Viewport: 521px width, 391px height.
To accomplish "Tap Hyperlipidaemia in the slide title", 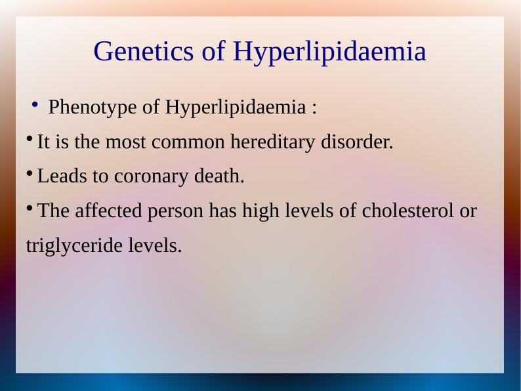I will tap(329, 52).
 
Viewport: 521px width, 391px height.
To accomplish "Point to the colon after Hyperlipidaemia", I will tap(314, 108).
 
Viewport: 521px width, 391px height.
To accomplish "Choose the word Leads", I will tap(58, 176).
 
